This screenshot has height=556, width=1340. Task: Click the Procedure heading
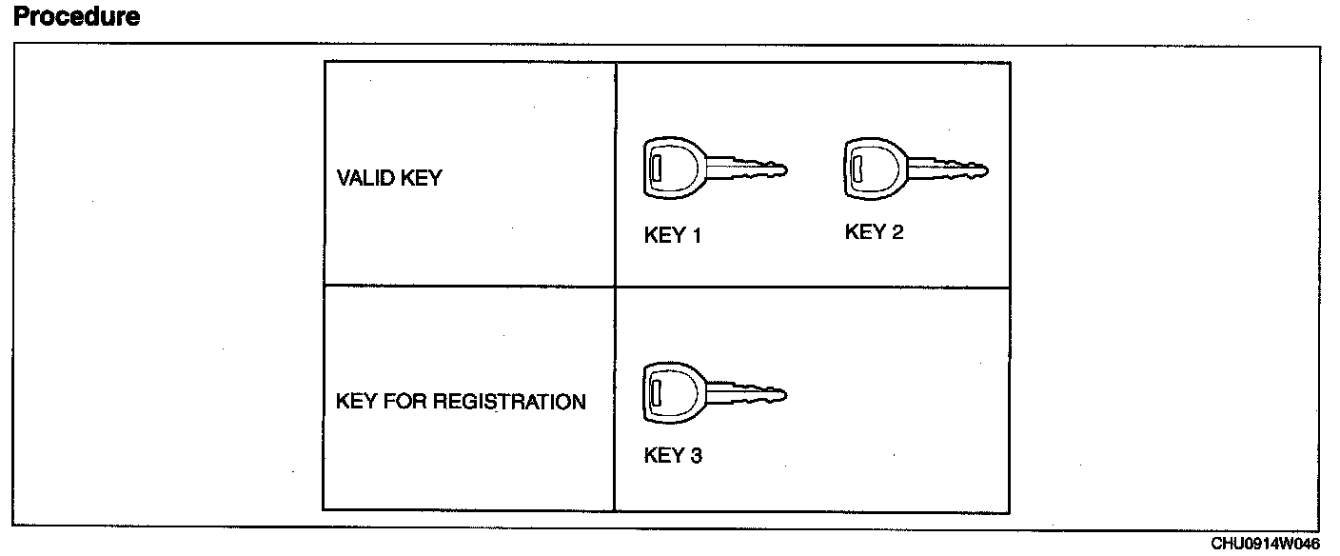coord(77,16)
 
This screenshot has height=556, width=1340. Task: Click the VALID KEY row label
coord(388,178)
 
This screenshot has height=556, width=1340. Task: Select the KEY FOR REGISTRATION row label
coord(461,402)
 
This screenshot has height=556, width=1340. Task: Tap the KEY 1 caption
coord(672,236)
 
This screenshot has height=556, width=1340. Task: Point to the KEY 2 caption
coord(874,232)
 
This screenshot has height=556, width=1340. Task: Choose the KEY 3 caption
coord(673,456)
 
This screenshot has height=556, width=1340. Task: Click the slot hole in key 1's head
coord(656,169)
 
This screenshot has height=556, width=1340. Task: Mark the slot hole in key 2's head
coord(857,169)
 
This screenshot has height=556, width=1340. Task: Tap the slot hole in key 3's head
coord(656,390)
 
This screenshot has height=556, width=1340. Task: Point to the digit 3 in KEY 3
coord(696,456)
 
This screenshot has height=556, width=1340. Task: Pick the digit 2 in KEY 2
coord(897,232)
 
